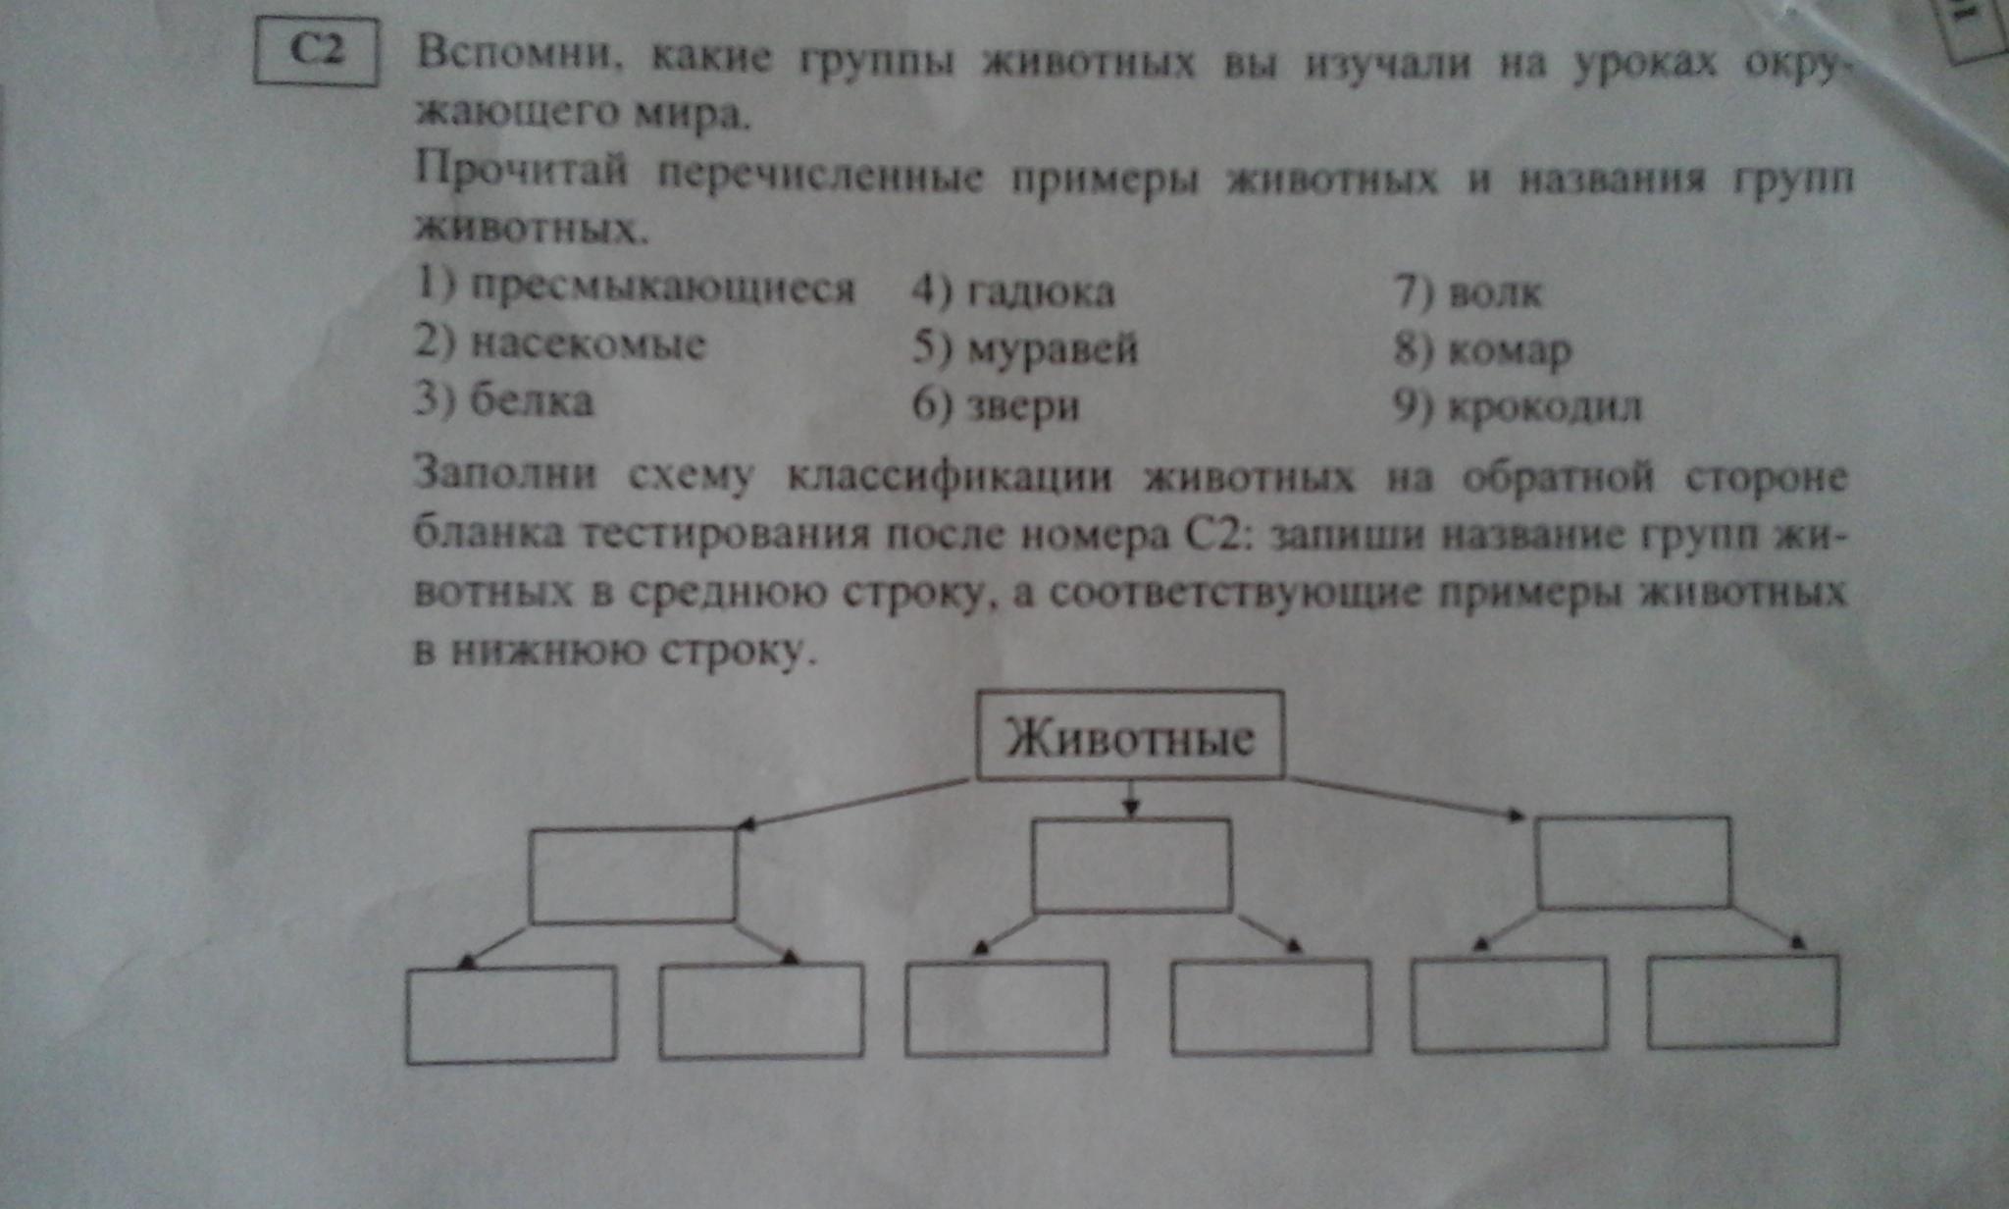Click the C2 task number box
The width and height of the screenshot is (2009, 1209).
click(x=316, y=51)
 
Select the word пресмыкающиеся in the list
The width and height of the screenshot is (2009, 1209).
click(x=662, y=289)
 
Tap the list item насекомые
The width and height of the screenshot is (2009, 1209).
click(x=588, y=343)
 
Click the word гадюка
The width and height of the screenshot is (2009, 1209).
click(x=1041, y=291)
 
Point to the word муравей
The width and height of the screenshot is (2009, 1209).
click(x=1053, y=348)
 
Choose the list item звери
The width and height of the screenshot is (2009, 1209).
click(x=1023, y=406)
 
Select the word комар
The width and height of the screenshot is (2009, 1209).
click(x=1510, y=350)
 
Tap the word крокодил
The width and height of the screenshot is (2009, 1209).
click(x=1545, y=406)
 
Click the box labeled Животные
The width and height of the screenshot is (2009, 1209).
click(x=1130, y=735)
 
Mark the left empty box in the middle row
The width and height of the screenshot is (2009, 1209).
click(x=633, y=875)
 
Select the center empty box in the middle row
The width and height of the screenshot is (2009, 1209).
click(x=1132, y=866)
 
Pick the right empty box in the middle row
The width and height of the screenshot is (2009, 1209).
click(x=1633, y=862)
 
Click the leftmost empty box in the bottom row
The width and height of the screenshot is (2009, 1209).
click(x=511, y=1015)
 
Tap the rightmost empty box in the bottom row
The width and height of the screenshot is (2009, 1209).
click(x=1743, y=1001)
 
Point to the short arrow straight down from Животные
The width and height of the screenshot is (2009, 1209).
click(x=1132, y=799)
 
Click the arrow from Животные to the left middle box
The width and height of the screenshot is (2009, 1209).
click(x=853, y=804)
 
